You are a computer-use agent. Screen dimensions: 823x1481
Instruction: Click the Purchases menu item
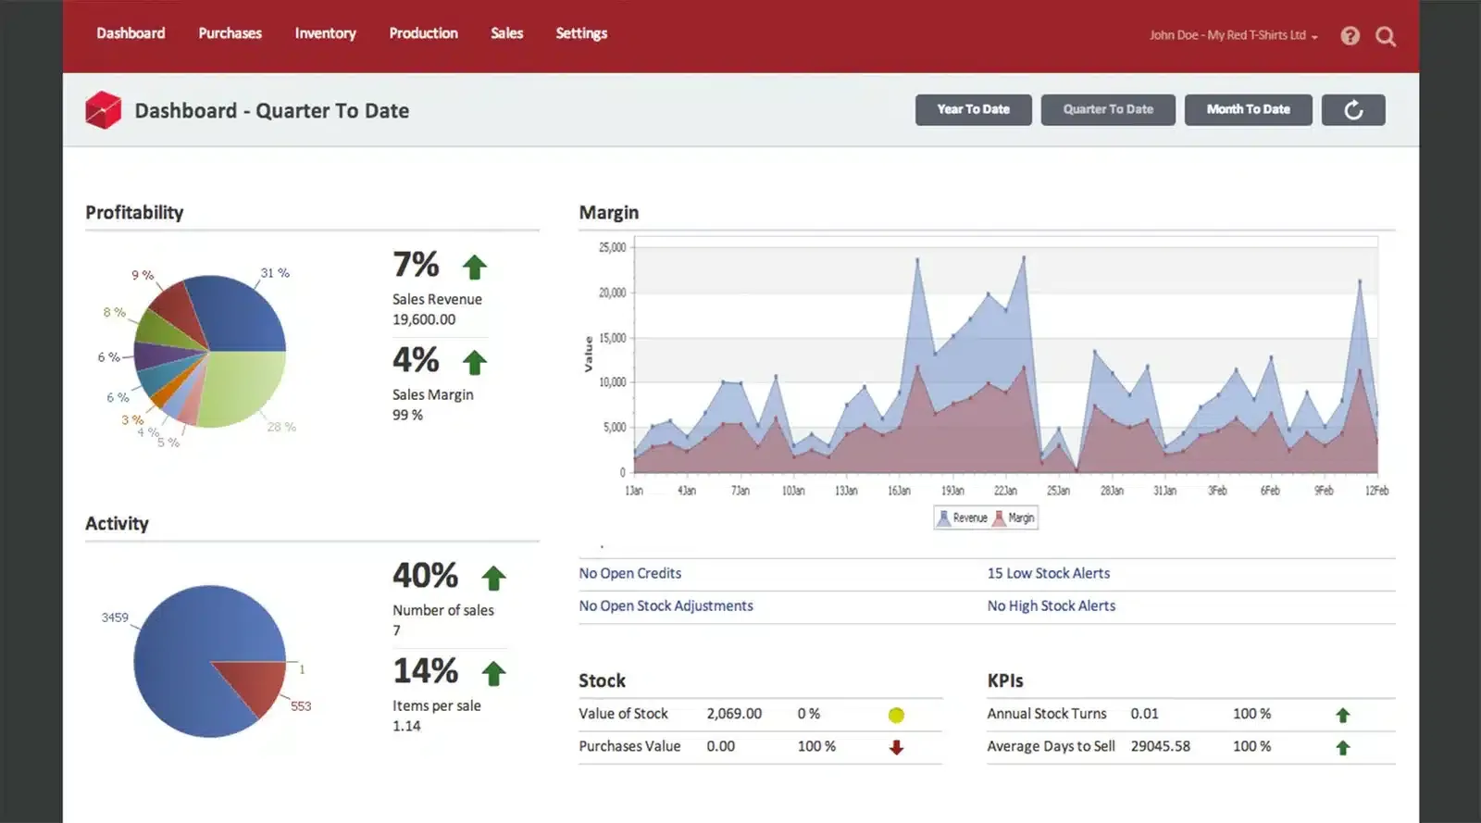click(x=230, y=33)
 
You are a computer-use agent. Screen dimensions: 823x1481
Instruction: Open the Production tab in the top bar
click(x=423, y=33)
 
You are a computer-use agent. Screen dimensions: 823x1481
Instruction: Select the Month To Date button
click(x=1248, y=109)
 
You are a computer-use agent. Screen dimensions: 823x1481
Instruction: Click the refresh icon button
click(x=1353, y=110)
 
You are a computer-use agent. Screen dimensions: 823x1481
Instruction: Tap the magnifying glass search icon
click(x=1385, y=36)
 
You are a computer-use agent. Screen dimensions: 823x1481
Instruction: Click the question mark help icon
click(x=1350, y=36)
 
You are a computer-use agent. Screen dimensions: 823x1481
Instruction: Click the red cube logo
click(x=103, y=110)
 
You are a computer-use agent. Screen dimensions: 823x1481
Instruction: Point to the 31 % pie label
click(x=275, y=273)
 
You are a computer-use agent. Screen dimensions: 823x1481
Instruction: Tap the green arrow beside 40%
click(x=493, y=579)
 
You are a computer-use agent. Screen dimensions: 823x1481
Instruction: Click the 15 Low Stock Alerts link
click(x=1048, y=573)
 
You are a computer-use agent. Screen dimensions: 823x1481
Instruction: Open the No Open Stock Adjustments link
click(x=666, y=605)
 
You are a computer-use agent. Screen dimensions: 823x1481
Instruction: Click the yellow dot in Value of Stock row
click(x=895, y=715)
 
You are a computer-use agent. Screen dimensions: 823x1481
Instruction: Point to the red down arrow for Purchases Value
click(x=895, y=747)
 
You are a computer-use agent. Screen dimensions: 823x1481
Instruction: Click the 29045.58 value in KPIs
click(x=1160, y=746)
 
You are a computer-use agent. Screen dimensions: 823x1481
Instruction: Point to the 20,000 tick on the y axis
click(x=612, y=293)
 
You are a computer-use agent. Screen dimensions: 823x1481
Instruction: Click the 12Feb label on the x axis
click(x=1376, y=491)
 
